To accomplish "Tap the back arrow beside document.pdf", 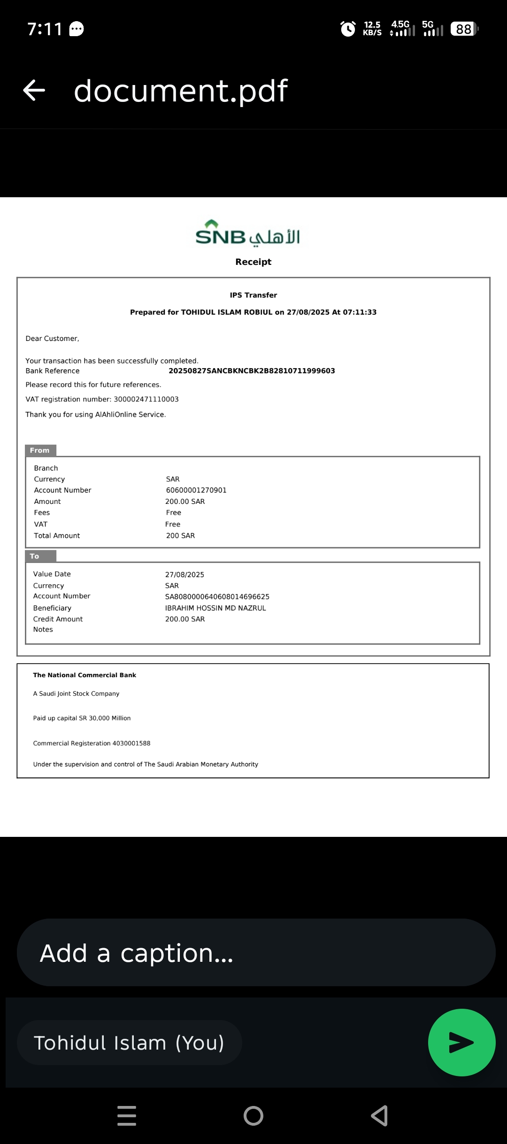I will pyautogui.click(x=34, y=90).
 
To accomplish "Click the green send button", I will pyautogui.click(x=461, y=1042).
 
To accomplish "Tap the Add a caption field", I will pyautogui.click(x=256, y=952).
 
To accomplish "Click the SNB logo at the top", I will pyautogui.click(x=247, y=234).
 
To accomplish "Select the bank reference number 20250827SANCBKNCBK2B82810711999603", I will pyautogui.click(x=252, y=371).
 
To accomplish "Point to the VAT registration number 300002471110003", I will pyautogui.click(x=146, y=399).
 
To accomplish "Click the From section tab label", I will pyautogui.click(x=40, y=450).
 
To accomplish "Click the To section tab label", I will pyautogui.click(x=35, y=556).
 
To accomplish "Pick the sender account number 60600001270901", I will pyautogui.click(x=196, y=490).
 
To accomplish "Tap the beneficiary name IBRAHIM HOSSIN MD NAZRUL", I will pyautogui.click(x=215, y=608).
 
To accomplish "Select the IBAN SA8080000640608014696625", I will pyautogui.click(x=217, y=597).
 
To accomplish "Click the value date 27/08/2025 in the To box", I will pyautogui.click(x=184, y=575).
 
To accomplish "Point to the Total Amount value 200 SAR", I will pyautogui.click(x=180, y=536).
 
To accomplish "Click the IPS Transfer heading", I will pyautogui.click(x=253, y=295).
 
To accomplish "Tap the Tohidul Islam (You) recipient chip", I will pyautogui.click(x=129, y=1043).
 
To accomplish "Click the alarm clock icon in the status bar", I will pyautogui.click(x=348, y=29).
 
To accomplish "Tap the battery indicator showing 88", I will pyautogui.click(x=464, y=29).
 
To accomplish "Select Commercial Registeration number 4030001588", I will pyautogui.click(x=131, y=743).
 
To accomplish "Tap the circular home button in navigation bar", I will pyautogui.click(x=253, y=1115).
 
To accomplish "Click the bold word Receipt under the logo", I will pyautogui.click(x=253, y=262).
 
